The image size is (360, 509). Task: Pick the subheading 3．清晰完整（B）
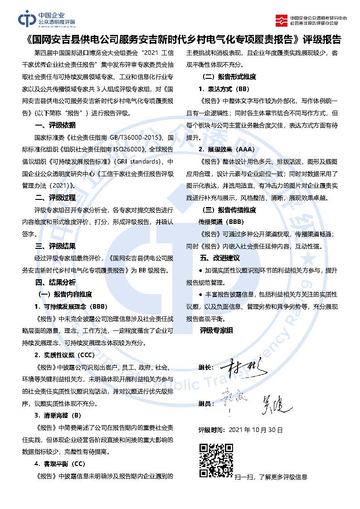click(x=58, y=415)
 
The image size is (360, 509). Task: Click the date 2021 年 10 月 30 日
click(x=256, y=429)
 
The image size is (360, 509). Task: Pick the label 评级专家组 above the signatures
click(x=216, y=330)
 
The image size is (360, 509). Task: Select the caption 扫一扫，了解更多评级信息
click(x=271, y=477)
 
